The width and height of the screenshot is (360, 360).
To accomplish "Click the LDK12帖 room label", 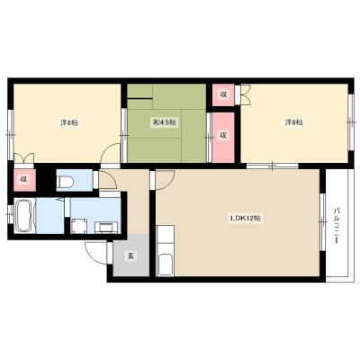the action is click(245, 218).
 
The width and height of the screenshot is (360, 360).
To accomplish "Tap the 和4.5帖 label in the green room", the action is click(163, 122).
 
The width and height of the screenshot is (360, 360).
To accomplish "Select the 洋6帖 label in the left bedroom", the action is click(69, 122).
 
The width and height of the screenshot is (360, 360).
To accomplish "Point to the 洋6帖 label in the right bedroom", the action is click(293, 122).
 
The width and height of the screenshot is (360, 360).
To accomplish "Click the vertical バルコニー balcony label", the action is click(337, 225).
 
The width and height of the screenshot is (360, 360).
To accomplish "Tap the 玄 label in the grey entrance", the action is click(131, 256).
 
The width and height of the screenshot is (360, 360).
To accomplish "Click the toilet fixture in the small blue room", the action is click(66, 182).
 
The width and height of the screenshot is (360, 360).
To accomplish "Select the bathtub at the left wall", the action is click(23, 215).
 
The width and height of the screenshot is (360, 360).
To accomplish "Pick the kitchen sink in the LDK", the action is click(165, 265).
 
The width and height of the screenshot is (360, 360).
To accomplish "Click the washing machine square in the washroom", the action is click(79, 226).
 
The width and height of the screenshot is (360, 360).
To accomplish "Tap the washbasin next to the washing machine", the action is click(106, 228).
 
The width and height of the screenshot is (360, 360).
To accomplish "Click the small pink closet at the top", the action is click(223, 94).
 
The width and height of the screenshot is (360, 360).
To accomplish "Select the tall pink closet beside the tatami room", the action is click(223, 138).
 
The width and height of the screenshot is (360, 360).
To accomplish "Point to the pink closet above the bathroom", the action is click(24, 180).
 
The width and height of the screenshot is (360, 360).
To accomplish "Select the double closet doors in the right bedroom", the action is click(246, 94).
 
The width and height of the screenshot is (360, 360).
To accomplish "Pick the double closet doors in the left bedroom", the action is click(24, 157).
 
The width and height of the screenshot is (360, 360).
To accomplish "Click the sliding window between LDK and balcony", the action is click(322, 222).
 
